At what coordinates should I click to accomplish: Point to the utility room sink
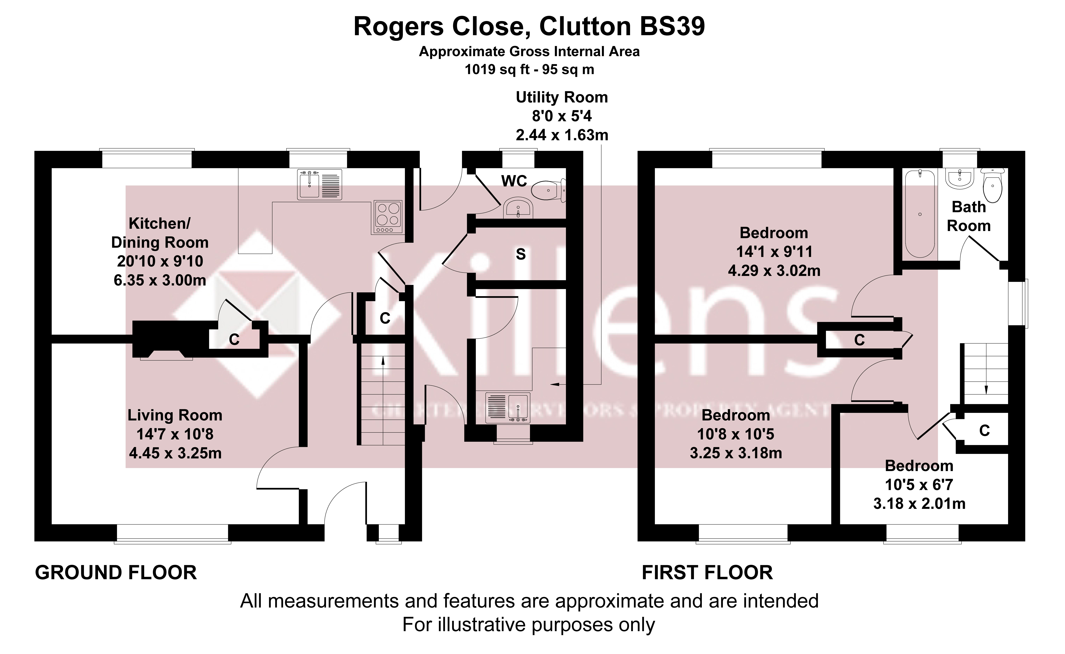tap(508, 407)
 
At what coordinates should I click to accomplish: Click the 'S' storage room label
tap(521, 254)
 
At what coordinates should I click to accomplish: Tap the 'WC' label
tap(514, 181)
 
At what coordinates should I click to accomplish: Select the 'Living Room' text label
tap(175, 415)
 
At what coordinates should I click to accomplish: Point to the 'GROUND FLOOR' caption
tap(116, 573)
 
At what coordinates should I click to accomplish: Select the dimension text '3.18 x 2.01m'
tap(919, 503)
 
